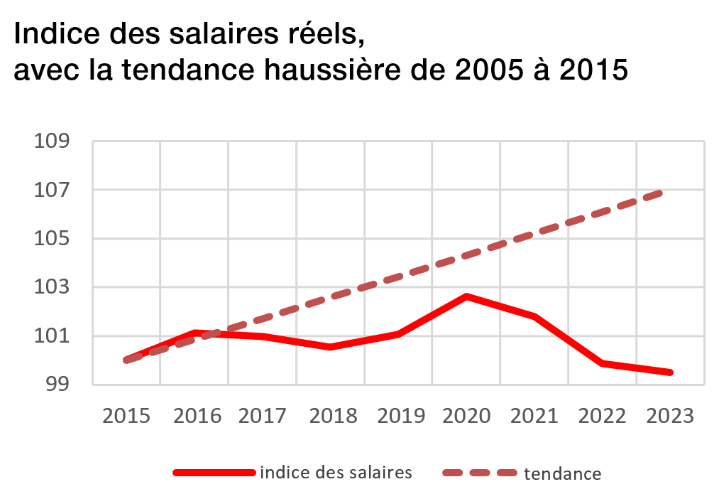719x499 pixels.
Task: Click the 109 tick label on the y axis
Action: click(53, 141)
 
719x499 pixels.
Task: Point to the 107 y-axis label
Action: click(53, 191)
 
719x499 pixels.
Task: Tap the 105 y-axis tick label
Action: click(53, 239)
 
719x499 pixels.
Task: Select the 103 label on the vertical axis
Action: click(53, 288)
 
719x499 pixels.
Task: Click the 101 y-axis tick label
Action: click(53, 336)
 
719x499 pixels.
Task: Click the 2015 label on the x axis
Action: click(126, 416)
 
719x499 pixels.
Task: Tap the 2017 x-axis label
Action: click(262, 416)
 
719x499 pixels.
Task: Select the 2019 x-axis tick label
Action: click(398, 416)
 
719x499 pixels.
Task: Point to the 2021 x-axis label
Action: click(534, 416)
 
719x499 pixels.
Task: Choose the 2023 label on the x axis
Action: click(670, 416)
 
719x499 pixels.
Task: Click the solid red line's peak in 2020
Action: click(466, 296)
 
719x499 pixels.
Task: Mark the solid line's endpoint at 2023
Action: click(670, 372)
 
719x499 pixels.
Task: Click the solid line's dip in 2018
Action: click(330, 347)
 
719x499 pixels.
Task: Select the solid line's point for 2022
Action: click(603, 363)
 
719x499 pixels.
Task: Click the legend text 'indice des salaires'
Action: click(336, 472)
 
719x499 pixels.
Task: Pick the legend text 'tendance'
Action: click(563, 473)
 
